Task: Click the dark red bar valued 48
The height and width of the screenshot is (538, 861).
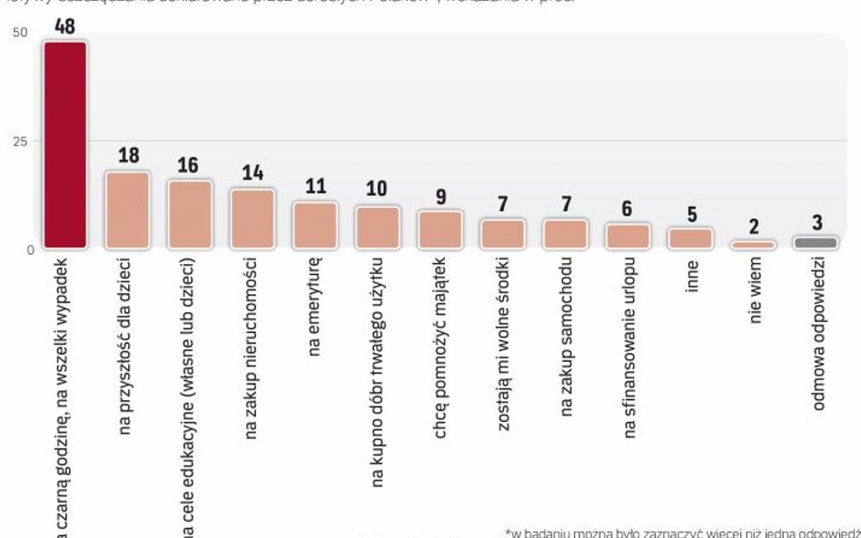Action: pyautogui.click(x=65, y=145)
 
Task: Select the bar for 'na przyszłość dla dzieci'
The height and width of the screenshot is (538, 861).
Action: pyautogui.click(x=128, y=210)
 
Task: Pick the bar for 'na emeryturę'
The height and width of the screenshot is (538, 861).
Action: pyautogui.click(x=314, y=224)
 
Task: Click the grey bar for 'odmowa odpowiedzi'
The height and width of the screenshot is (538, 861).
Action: pyautogui.click(x=816, y=242)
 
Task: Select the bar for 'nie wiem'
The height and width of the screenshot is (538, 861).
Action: pyautogui.click(x=753, y=244)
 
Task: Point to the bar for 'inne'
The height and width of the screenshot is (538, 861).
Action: pyautogui.click(x=690, y=238)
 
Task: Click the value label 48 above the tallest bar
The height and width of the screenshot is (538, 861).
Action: pyautogui.click(x=64, y=25)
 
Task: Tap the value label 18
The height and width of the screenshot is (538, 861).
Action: pyautogui.click(x=128, y=155)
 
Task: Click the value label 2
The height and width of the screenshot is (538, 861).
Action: pyautogui.click(x=754, y=227)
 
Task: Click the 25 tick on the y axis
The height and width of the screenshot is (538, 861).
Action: pyautogui.click(x=20, y=141)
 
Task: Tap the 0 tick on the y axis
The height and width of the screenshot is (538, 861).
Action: pyautogui.click(x=30, y=249)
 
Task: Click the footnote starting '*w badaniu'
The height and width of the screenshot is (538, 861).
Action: pyautogui.click(x=681, y=532)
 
